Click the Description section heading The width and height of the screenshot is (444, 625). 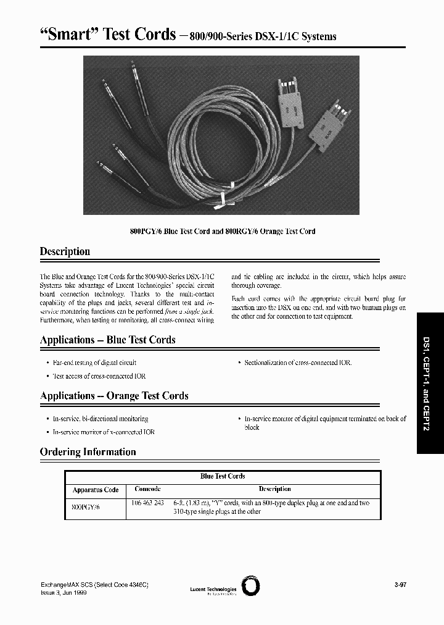[65, 251]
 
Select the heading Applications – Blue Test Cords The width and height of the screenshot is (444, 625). [107, 340]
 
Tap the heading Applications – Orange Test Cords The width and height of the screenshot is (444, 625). [114, 396]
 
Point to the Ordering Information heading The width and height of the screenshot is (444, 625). [88, 452]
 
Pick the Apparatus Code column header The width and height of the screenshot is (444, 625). [95, 490]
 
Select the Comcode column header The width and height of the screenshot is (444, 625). [147, 489]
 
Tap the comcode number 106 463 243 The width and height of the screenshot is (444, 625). [148, 503]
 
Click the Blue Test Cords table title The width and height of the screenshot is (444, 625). [223, 476]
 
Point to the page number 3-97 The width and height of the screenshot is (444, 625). [400, 584]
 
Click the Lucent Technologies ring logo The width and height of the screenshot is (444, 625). [251, 586]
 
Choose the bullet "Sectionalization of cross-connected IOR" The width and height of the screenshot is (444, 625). [297, 363]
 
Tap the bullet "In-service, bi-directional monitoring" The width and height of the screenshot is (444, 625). [101, 419]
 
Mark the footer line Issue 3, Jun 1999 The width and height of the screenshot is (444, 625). [63, 592]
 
